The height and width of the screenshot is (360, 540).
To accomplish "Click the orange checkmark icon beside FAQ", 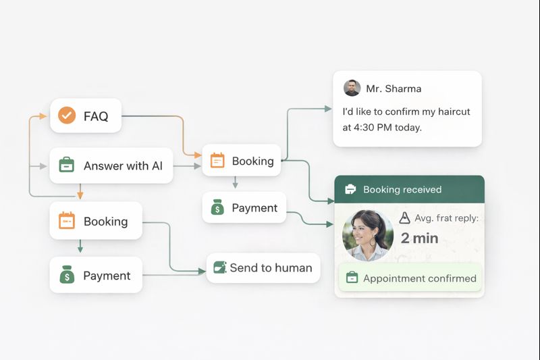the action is coord(67,115).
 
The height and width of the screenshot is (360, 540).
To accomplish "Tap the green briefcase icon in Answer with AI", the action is coord(66,165).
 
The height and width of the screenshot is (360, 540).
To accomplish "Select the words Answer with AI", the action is coord(123,165).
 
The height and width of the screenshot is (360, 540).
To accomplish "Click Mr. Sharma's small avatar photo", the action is coord(352,88).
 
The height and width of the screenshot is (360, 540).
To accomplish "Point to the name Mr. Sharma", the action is coord(394,88).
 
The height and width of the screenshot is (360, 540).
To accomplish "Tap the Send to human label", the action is coord(271,267).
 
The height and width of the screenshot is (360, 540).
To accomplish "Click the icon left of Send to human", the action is coord(220,267).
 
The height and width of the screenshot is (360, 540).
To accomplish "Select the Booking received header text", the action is coord(402,190).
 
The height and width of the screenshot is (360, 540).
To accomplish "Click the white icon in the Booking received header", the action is coord(350,189).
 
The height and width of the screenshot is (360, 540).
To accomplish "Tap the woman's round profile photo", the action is coord(368,235).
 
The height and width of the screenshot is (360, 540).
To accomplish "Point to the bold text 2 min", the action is coord(419,238).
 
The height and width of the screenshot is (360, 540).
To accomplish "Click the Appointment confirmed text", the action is coord(420,278).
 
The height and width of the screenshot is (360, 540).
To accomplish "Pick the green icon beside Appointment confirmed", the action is coord(352,278).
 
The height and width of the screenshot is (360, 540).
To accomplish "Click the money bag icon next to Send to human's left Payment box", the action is coord(67,275).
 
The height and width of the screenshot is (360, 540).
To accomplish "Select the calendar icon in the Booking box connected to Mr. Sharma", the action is coord(217,160).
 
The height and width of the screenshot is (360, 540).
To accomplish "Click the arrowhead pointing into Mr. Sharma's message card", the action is coord(328,109).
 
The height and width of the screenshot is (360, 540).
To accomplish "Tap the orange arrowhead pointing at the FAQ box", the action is coord(43,116).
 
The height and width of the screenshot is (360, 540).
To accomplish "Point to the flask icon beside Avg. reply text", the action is coord(404,217).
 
